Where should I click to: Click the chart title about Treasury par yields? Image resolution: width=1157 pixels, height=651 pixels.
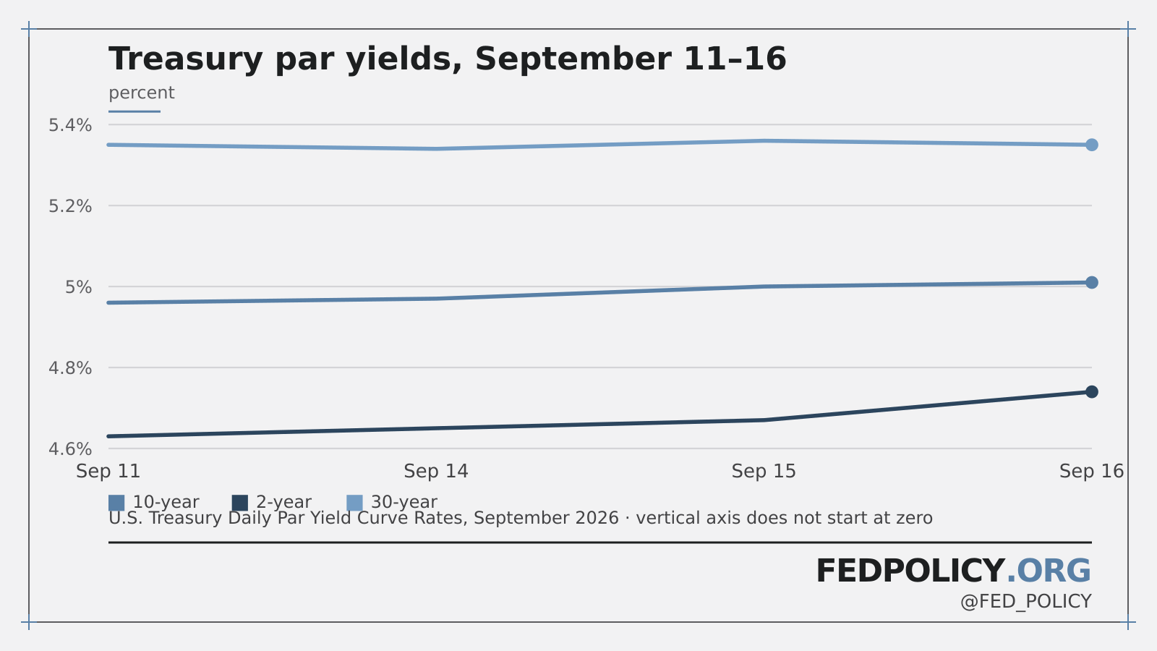tap(448, 59)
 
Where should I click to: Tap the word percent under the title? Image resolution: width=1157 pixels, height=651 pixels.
tap(142, 93)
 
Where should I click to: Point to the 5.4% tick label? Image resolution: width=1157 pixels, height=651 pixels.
tap(70, 125)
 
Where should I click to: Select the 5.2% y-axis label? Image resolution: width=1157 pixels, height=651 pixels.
tap(70, 206)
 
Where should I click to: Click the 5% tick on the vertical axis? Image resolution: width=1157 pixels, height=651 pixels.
tap(79, 287)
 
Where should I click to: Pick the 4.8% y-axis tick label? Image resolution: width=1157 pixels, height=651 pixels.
tap(70, 368)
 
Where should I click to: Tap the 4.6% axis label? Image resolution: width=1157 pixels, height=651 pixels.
tap(70, 449)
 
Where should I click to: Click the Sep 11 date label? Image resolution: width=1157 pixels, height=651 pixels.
tap(108, 471)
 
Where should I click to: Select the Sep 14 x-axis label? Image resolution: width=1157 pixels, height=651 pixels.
tap(436, 471)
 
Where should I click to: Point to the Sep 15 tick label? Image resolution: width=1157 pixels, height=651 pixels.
tap(764, 471)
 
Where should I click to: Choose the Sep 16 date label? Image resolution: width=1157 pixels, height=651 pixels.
tap(1091, 471)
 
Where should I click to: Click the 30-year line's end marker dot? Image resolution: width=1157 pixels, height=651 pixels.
tap(1091, 145)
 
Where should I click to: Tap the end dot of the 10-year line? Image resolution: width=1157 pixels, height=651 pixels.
tap(1091, 283)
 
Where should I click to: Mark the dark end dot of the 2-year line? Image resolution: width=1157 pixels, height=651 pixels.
tap(1091, 391)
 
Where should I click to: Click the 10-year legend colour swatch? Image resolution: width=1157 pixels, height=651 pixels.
tap(116, 503)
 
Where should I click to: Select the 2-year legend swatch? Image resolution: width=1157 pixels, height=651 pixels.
tap(240, 503)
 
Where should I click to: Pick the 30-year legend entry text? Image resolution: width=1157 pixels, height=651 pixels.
tap(404, 502)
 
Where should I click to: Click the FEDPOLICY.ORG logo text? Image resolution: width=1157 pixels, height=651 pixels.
tap(954, 571)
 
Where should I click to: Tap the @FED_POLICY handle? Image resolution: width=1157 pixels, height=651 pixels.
tap(1026, 602)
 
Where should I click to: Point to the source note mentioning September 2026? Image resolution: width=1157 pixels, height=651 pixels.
tap(521, 518)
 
